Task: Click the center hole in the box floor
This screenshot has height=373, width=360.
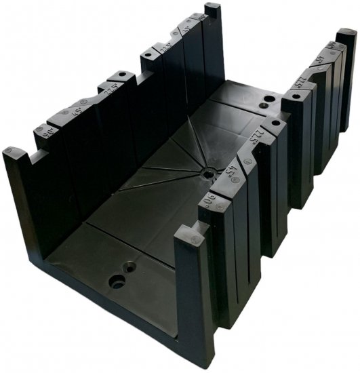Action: click(205, 174)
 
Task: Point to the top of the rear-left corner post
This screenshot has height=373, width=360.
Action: click(212, 7)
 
